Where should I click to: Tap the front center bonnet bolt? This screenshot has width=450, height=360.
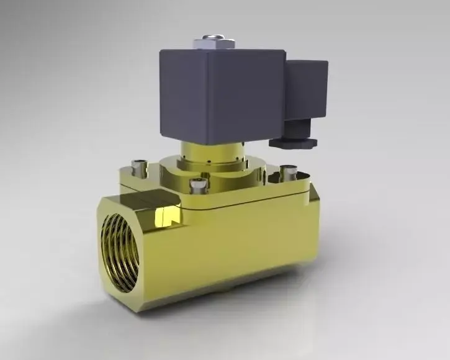pyautogui.click(x=197, y=184)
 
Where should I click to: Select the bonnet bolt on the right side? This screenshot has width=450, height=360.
pyautogui.click(x=287, y=169)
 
